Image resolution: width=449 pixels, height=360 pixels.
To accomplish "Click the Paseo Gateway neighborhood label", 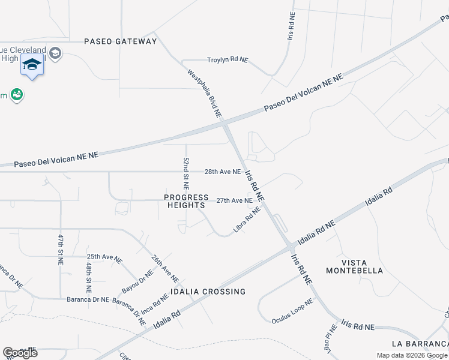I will [120, 41].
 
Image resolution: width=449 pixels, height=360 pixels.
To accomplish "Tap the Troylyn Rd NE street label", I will [228, 60].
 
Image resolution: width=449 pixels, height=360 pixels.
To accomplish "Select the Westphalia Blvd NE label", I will [205, 93].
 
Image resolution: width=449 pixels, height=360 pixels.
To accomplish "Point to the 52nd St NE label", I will [186, 171].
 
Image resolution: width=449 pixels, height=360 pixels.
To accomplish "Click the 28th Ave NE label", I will [222, 172].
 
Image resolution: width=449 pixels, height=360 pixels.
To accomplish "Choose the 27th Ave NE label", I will [234, 200].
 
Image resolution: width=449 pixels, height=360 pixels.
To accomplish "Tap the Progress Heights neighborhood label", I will [184, 201].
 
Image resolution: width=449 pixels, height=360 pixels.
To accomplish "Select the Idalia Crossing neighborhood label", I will [208, 292].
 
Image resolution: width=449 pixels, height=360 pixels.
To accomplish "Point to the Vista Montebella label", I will [354, 266].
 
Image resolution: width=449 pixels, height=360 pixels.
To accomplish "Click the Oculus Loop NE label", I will [292, 311].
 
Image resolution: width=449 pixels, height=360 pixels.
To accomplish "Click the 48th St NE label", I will [88, 277].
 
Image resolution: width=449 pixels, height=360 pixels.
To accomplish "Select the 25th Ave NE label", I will [104, 259].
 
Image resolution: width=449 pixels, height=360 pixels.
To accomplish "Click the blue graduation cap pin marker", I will [32, 65].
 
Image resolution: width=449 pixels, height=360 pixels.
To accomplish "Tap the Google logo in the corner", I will [20, 353].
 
